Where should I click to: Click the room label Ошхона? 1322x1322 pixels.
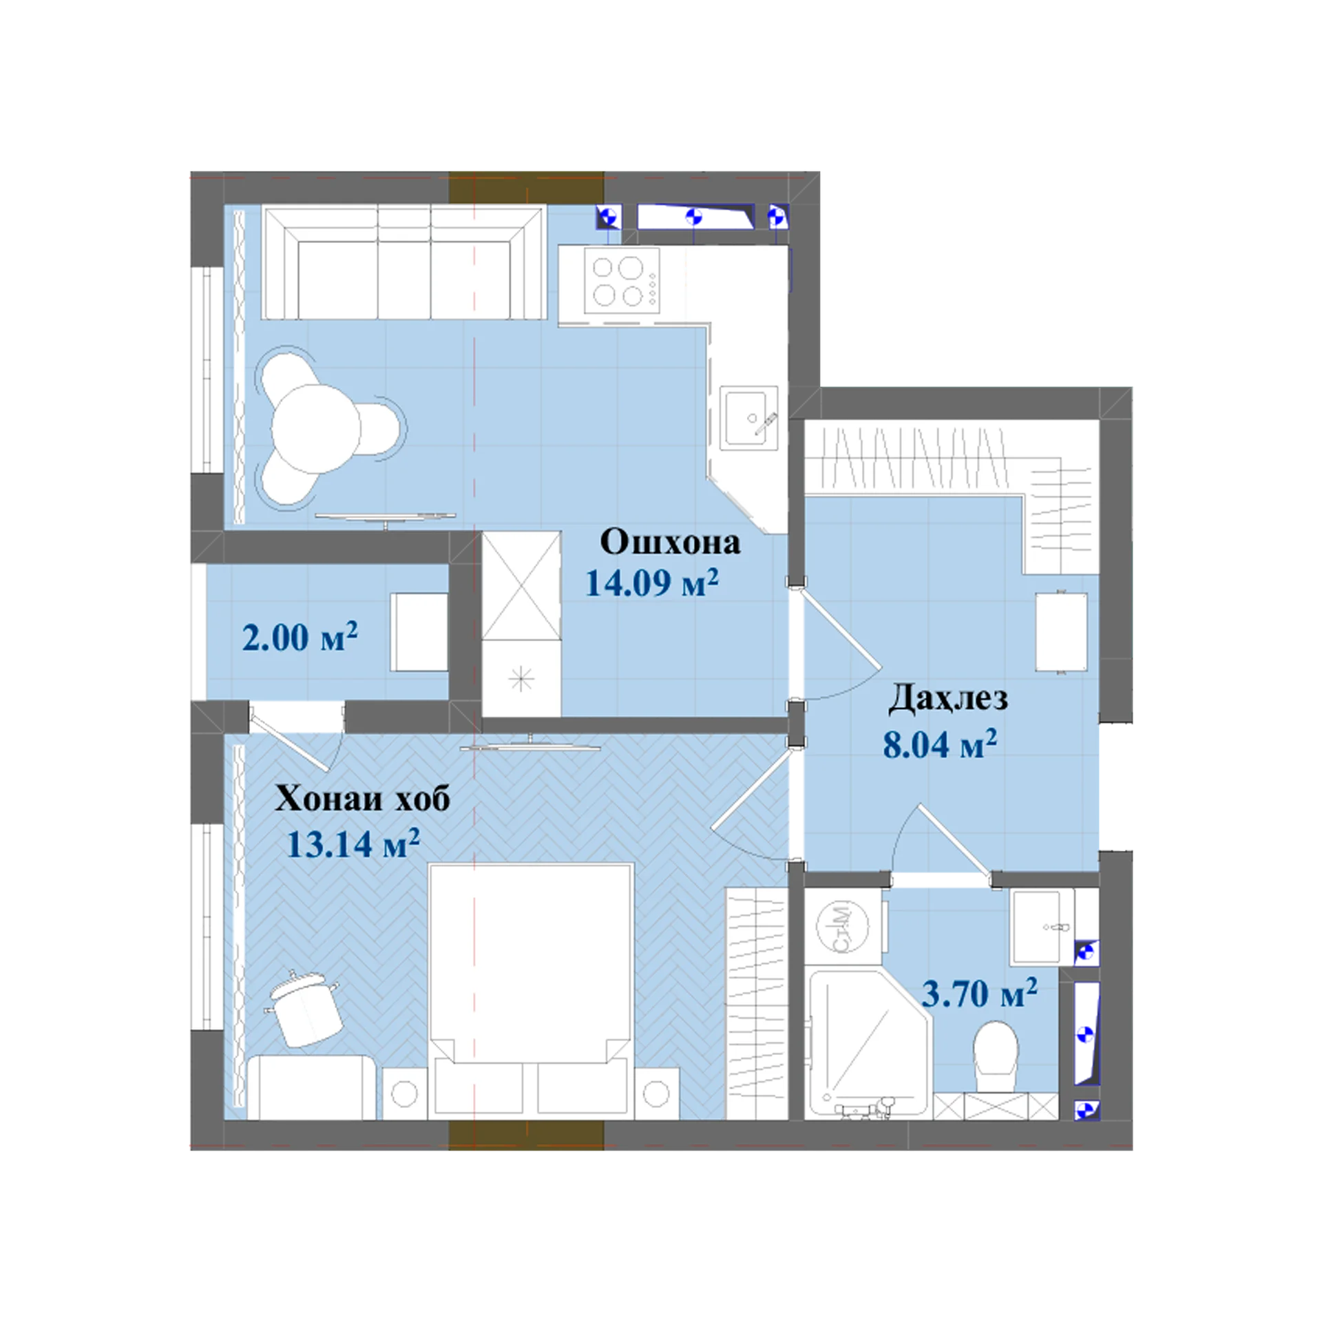(x=670, y=542)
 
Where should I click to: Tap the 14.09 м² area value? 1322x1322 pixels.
(x=651, y=582)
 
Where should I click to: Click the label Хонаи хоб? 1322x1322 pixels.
(x=362, y=799)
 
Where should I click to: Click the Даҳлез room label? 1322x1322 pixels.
(x=947, y=698)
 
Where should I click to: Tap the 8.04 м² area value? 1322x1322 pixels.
(x=940, y=744)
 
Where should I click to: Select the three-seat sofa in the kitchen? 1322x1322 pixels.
(x=404, y=262)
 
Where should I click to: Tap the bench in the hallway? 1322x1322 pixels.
(x=1061, y=631)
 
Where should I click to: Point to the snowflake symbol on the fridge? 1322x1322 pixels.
(x=521, y=680)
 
